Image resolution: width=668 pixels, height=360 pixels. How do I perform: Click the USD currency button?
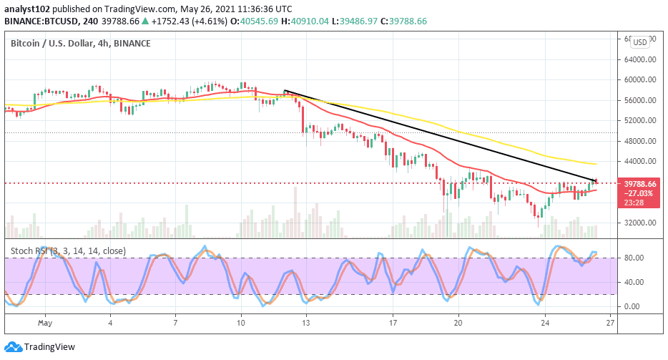click(x=639, y=42)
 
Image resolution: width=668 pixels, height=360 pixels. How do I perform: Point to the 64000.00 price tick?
click(x=639, y=59)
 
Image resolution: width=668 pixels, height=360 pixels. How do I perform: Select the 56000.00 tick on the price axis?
click(x=639, y=100)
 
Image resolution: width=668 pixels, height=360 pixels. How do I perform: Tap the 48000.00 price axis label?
click(x=639, y=141)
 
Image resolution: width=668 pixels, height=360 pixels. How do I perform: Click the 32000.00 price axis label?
click(x=639, y=223)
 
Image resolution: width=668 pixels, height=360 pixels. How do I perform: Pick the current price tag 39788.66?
click(x=640, y=183)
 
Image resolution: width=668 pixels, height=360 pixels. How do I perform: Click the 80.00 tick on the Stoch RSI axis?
click(x=634, y=258)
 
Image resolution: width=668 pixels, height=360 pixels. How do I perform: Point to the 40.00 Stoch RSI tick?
click(x=634, y=282)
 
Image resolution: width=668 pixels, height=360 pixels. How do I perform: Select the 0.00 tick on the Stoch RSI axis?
click(x=634, y=306)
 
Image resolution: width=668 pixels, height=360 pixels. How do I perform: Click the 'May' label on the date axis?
click(x=44, y=323)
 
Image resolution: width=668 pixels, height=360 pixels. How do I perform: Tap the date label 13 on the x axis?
click(x=305, y=323)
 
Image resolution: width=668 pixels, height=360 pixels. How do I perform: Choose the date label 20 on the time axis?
click(x=458, y=323)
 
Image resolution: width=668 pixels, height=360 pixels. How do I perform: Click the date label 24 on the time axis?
click(x=544, y=323)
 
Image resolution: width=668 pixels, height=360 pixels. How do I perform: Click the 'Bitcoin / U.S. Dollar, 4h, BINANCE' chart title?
click(x=81, y=44)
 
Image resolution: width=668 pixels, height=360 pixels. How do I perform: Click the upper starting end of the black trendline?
click(x=285, y=91)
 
